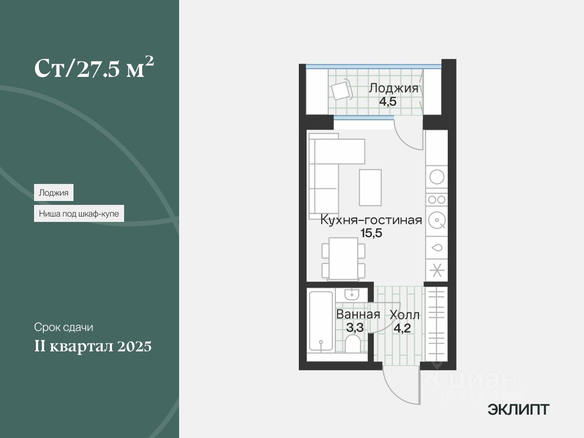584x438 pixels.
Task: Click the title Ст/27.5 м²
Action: pos(94,69)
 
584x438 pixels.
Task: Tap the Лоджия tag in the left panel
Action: pos(54,193)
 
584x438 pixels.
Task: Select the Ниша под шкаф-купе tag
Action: pos(79,213)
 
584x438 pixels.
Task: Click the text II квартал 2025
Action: pos(92,347)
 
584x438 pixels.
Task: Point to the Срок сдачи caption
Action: pos(63,327)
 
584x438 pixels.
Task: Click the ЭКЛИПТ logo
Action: pos(518,409)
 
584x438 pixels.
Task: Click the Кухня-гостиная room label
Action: pos(370,220)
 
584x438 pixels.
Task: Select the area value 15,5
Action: pos(371,233)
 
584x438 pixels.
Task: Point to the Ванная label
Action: pos(358,314)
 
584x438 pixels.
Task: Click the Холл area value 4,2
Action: pos(401,328)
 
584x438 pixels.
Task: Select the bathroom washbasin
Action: pos(351,294)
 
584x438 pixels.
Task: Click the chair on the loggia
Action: pos(341,91)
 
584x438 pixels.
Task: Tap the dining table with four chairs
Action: pos(344,258)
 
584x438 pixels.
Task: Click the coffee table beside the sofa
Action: pos(370,187)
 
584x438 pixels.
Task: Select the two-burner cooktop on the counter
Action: pos(437,199)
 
